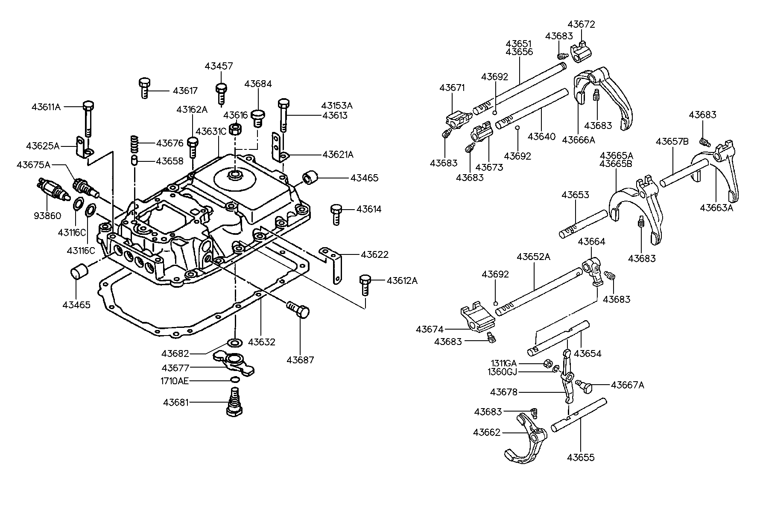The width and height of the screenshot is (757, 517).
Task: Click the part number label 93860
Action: pos(47,216)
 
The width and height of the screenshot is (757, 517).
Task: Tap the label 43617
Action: pos(185,91)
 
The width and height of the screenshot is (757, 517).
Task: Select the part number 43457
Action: pos(219,66)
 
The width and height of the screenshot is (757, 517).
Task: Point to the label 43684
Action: pos(258,84)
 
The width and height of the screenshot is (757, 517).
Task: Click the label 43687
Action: pos(300,360)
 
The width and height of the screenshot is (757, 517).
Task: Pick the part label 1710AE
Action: pos(175,381)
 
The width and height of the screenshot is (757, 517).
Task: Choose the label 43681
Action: pos(175,402)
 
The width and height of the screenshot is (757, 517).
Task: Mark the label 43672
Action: pos(581,24)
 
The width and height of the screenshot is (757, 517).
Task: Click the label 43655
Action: pos(581,458)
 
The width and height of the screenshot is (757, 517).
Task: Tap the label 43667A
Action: pos(627,385)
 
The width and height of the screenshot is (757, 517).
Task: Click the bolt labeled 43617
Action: pos(144,88)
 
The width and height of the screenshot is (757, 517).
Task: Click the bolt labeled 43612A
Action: pos(365,284)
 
